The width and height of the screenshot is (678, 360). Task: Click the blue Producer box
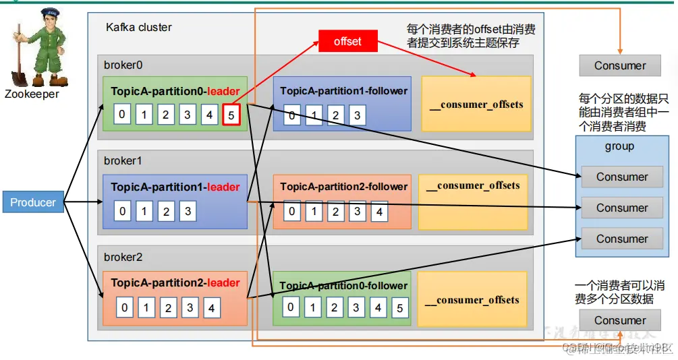pos(33,202)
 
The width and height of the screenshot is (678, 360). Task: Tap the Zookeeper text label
pos(32,94)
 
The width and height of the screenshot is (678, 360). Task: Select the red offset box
pos(347,42)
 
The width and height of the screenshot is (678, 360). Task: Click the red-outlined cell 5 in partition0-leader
pos(231,115)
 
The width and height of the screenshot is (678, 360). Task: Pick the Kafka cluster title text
pos(139,28)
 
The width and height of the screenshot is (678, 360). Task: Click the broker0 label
pos(123,65)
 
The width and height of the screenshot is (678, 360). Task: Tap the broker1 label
pos(123,161)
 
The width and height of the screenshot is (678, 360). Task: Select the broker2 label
pos(123,258)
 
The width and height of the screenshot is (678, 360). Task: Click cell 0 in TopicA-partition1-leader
pos(122,211)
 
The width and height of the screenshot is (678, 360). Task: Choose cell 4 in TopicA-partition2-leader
pos(212,309)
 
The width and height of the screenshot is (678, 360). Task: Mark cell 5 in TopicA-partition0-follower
pos(399,308)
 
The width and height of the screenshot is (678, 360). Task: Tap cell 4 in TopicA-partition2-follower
pos(379,212)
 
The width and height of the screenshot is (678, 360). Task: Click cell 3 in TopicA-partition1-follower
pos(357,115)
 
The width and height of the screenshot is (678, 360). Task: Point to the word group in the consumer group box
pos(619,146)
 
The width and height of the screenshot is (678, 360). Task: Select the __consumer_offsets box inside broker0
pos(476,104)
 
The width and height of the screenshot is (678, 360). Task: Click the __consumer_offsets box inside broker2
pos(472,300)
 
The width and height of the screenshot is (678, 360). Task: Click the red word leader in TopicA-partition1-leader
pos(223,187)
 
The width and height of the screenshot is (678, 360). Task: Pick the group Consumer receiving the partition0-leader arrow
pos(621,177)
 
